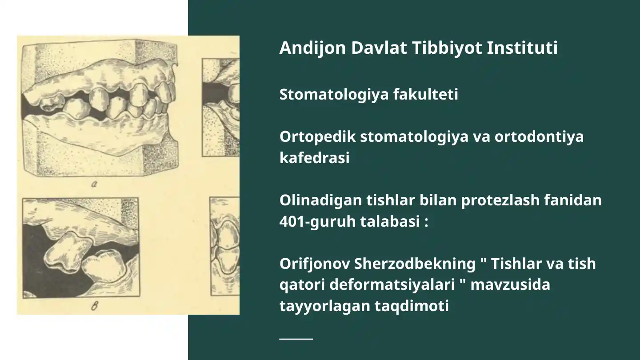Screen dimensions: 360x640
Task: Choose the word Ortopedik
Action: coord(317,137)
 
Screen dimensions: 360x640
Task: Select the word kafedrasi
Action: coord(314,158)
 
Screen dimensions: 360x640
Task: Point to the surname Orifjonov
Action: coord(314,264)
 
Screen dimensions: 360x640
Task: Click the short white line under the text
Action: coord(296,339)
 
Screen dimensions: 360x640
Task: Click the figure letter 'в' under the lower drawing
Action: coord(94,306)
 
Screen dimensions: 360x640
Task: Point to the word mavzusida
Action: coord(510,284)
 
